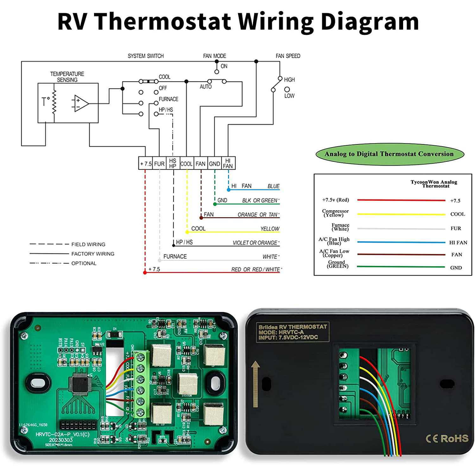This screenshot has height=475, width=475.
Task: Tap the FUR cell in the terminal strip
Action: (159, 164)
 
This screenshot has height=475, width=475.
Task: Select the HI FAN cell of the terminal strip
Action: (228, 163)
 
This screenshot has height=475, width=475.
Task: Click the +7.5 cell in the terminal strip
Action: (146, 164)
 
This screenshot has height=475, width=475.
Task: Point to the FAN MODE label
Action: (214, 56)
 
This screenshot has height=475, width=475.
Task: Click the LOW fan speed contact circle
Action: (287, 90)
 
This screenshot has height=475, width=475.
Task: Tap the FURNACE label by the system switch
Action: (168, 99)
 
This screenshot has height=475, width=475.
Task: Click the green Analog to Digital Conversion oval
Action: (389, 154)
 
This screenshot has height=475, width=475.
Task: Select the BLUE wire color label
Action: (273, 186)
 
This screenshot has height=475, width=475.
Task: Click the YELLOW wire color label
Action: (270, 229)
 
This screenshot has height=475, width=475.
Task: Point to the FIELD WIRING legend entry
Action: (88, 244)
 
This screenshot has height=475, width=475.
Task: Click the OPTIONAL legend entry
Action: (84, 263)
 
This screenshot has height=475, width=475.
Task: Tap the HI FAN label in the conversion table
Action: (458, 243)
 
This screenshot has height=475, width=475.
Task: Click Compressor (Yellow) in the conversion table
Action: (335, 213)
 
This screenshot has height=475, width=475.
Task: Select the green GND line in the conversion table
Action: (401, 267)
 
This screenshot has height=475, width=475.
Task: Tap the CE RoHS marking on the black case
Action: (447, 439)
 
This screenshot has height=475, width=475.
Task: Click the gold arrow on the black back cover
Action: (256, 384)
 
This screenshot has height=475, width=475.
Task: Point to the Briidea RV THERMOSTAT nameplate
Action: (293, 332)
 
